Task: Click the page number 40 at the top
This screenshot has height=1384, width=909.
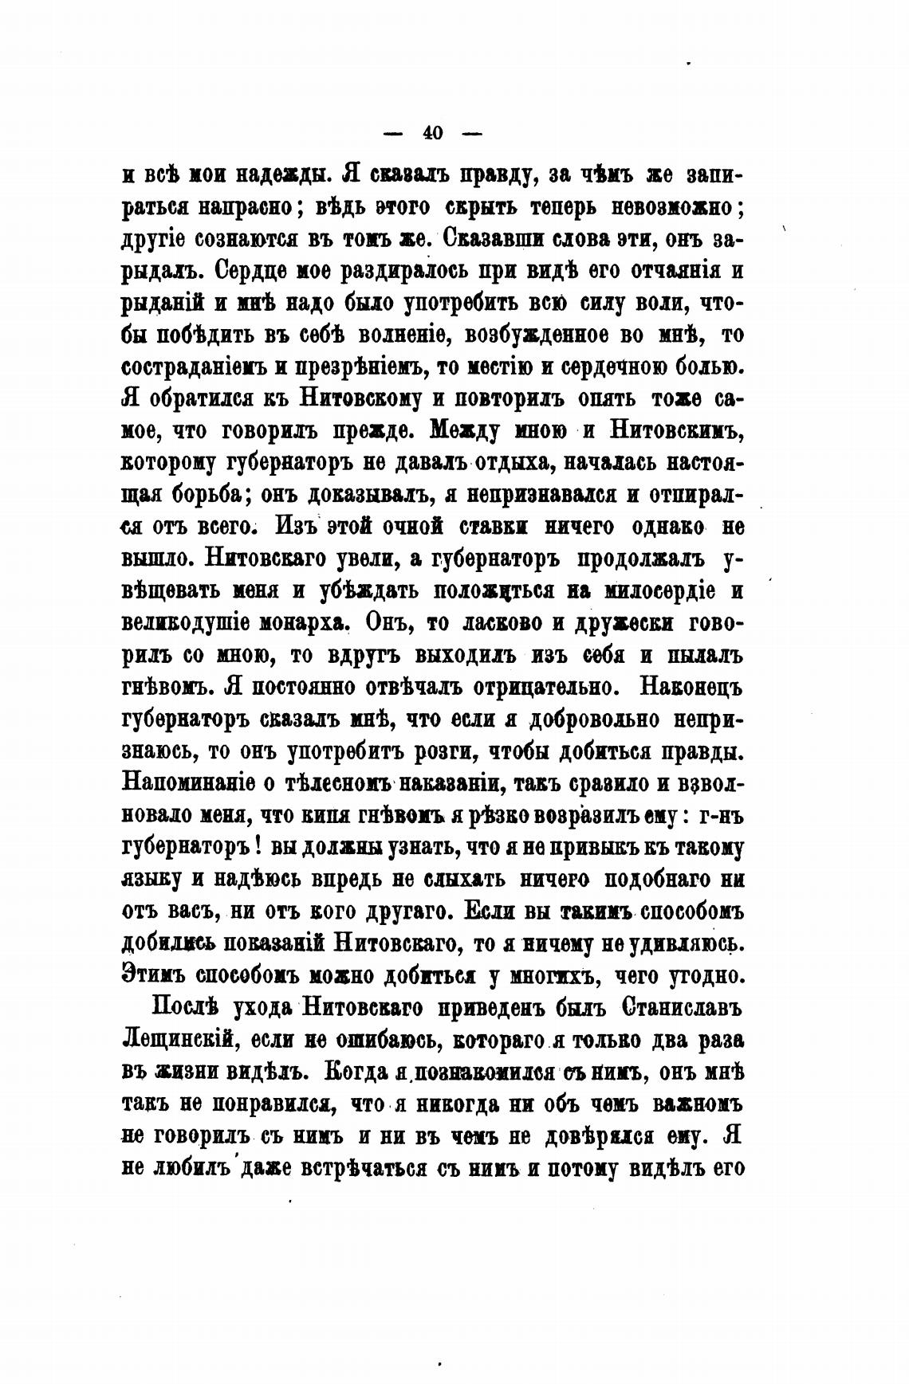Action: (x=433, y=134)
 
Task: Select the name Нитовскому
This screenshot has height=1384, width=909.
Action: (x=368, y=399)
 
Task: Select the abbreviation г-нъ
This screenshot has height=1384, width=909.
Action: (x=720, y=814)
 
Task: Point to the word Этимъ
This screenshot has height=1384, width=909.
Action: (x=155, y=974)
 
